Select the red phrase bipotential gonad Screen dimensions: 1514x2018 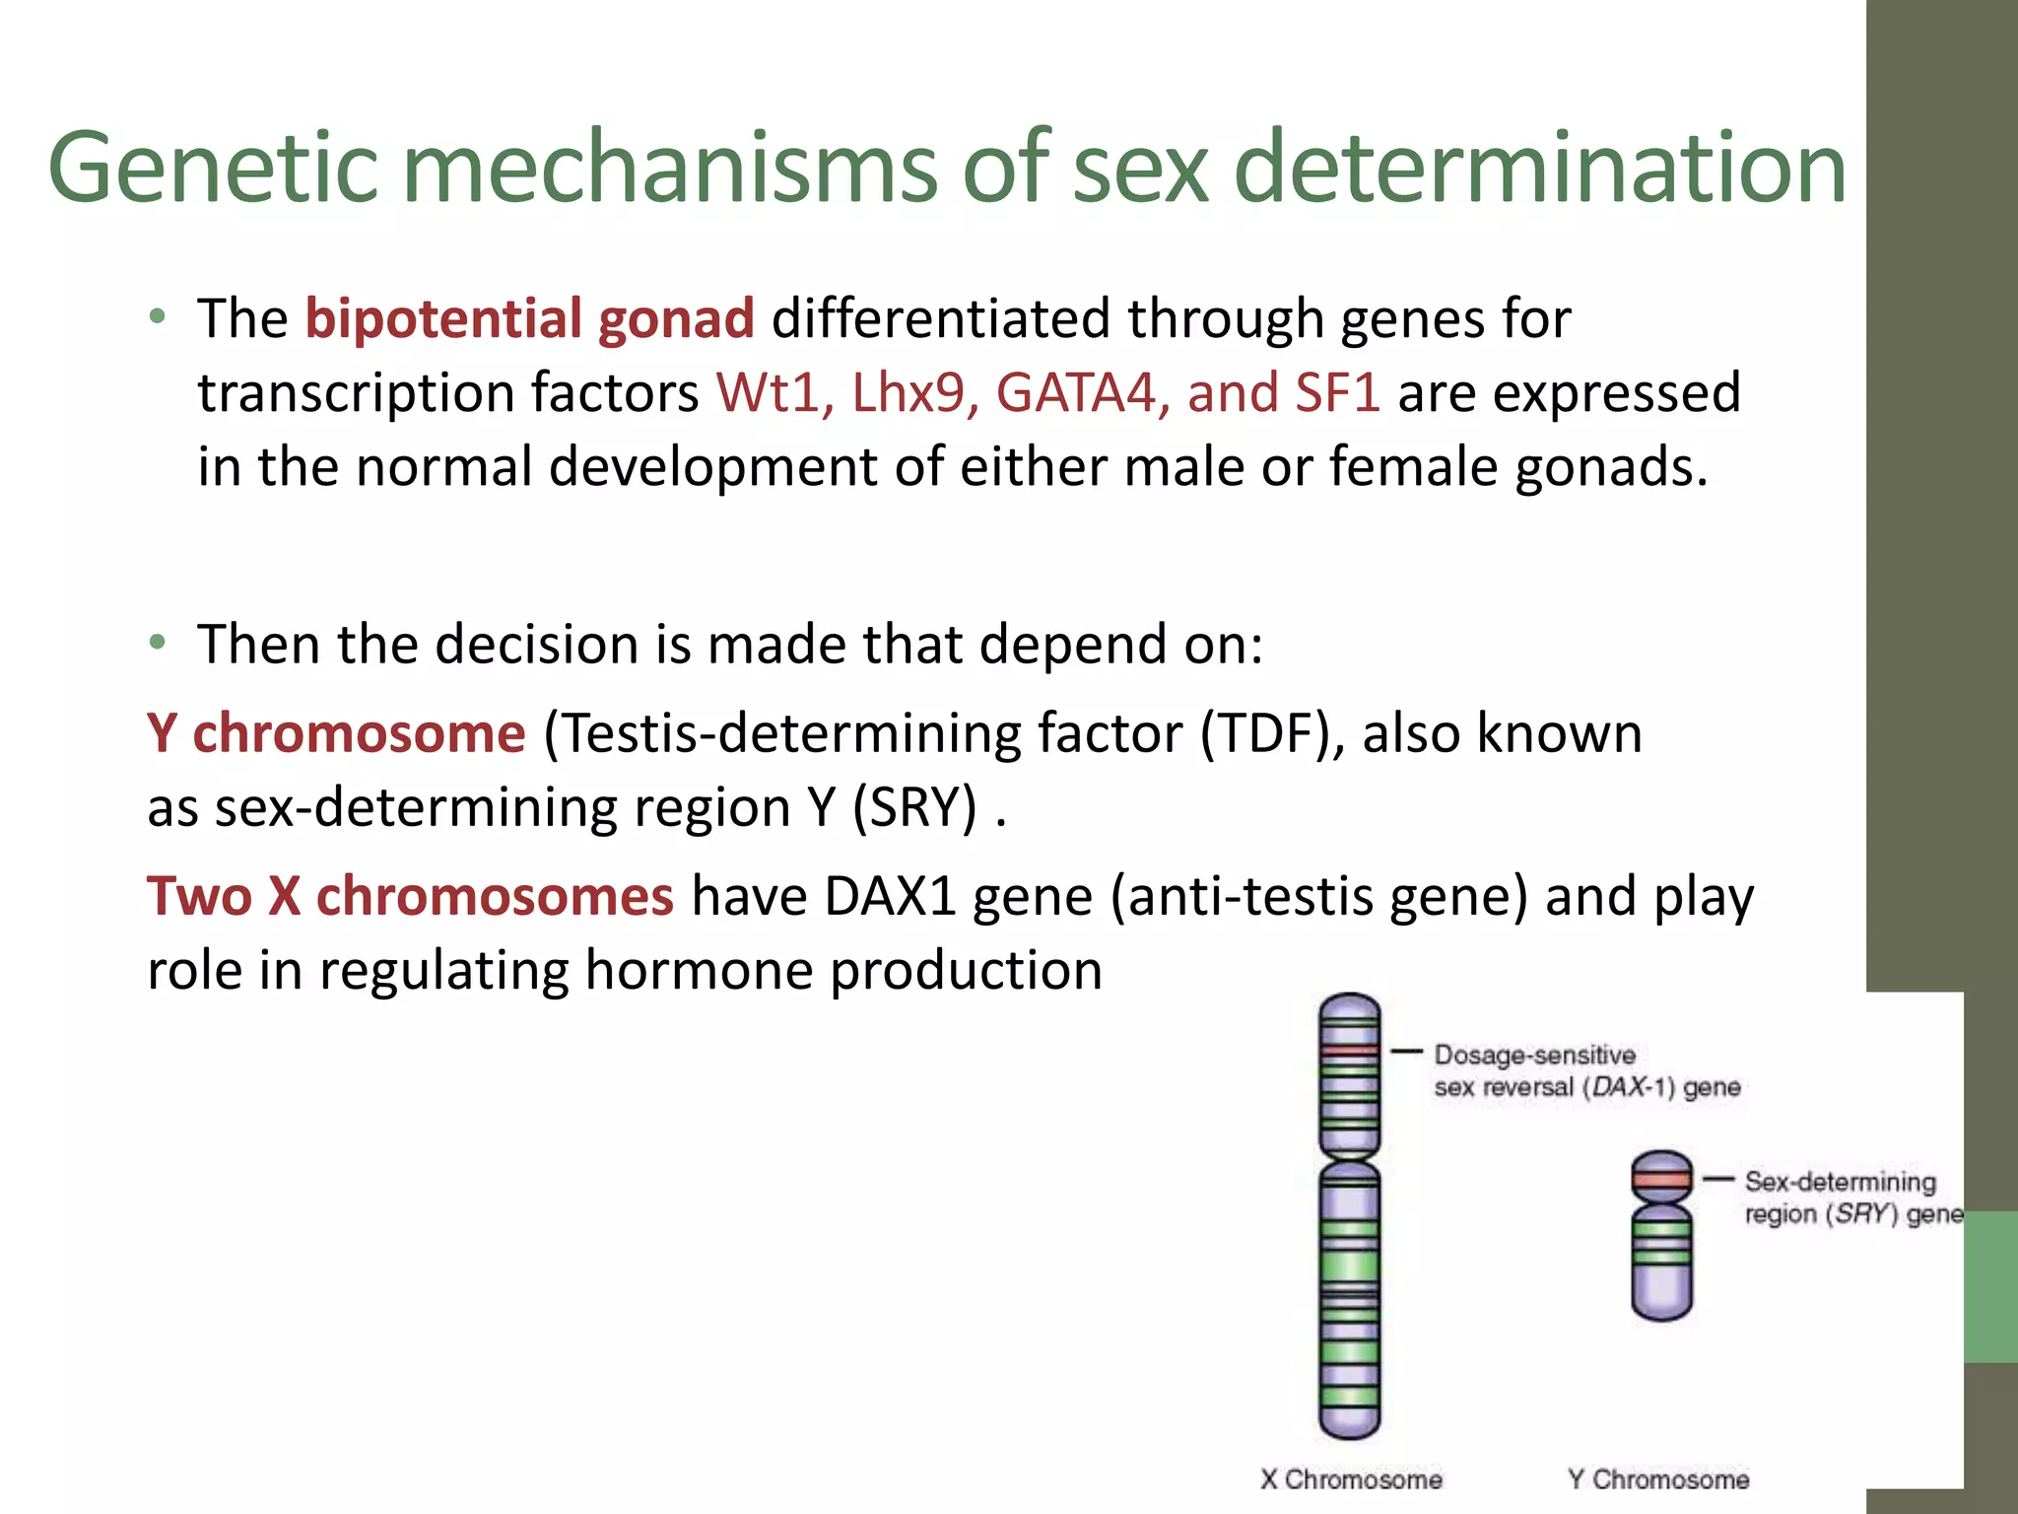529,319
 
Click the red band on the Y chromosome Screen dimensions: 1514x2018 1661,1180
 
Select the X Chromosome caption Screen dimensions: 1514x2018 1351,1480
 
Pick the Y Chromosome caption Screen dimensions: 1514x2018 1658,1480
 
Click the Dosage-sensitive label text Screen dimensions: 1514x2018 1534,1056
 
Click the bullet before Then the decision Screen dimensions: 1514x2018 158,644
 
